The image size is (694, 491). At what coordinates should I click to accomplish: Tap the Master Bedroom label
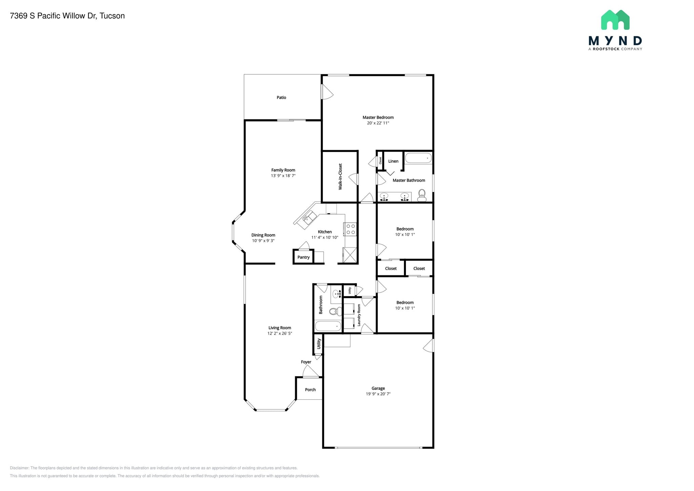coord(378,117)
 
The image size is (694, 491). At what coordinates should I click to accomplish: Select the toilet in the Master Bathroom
coord(422,195)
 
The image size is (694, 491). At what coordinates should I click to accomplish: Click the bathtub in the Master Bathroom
coord(418,158)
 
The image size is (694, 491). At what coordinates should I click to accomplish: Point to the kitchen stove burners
coord(350,229)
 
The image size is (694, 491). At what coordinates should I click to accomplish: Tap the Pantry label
coord(303,257)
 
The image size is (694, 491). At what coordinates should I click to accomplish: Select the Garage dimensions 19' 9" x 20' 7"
coord(378,394)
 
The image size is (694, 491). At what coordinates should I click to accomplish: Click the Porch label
coord(310,390)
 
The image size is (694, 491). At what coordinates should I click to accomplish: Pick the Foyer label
coord(306,362)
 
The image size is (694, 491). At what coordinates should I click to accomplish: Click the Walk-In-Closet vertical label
coord(340,176)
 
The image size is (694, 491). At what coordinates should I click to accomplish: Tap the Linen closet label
coord(393,161)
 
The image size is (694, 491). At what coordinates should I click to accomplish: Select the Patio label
coord(281,97)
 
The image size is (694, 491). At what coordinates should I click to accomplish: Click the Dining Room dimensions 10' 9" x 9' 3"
coord(263,241)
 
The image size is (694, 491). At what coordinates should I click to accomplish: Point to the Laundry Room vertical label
coord(359,315)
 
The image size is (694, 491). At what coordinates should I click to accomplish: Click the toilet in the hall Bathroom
coord(335,311)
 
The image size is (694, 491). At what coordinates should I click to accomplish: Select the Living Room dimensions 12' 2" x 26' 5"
coord(280,333)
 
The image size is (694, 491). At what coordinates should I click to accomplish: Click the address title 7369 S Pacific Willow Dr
coord(67,16)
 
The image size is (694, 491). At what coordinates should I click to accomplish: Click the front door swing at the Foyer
coord(310,372)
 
